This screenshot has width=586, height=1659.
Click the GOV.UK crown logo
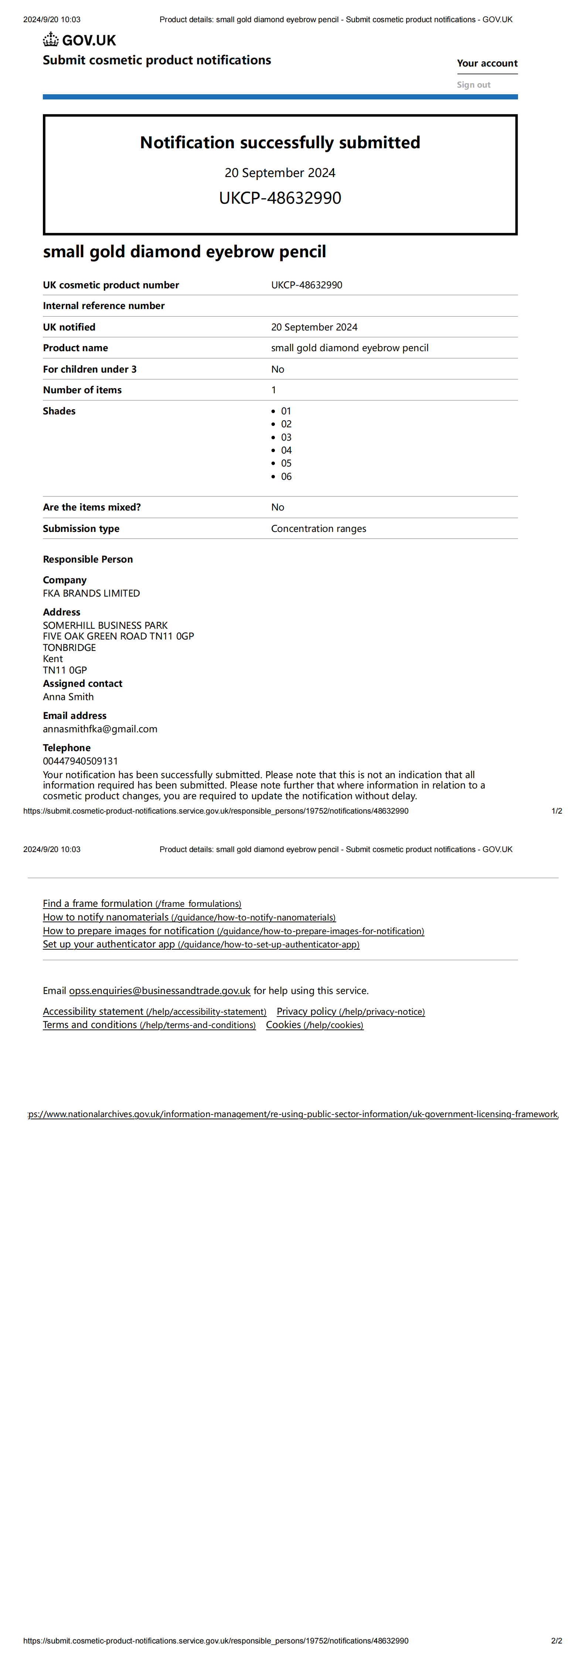[51, 40]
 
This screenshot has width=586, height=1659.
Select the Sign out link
[473, 84]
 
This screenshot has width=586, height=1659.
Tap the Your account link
[487, 63]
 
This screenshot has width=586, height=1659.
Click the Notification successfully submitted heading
[280, 142]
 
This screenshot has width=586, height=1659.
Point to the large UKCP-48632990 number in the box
[280, 198]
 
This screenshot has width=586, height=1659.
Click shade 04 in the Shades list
[286, 450]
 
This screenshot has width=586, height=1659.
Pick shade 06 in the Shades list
[286, 476]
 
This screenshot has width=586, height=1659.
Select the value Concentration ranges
[318, 529]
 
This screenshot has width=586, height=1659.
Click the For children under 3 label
[89, 369]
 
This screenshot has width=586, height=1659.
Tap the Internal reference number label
[104, 306]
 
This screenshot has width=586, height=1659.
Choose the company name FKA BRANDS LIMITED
[91, 593]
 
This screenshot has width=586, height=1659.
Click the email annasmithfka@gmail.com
[100, 729]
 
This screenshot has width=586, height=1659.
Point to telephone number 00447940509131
[81, 761]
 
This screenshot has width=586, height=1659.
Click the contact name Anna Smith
[68, 697]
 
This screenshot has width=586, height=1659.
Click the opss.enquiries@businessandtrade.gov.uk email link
[160, 991]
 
